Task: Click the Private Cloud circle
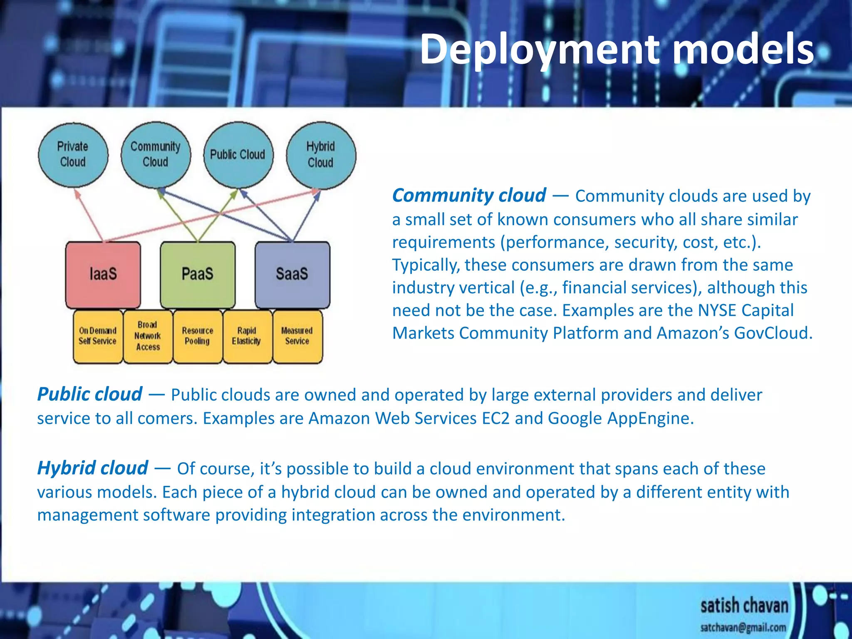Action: (x=73, y=155)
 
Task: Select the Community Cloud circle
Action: (x=156, y=155)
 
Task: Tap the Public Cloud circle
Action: (x=238, y=155)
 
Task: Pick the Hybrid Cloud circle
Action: (x=321, y=155)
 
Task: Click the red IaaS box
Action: (x=103, y=275)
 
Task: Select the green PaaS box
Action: (x=198, y=275)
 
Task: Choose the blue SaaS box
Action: (x=292, y=275)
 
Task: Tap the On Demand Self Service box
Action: (x=98, y=336)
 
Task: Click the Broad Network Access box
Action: (x=148, y=336)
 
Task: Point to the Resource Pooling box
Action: (x=198, y=336)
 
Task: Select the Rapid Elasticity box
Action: (x=247, y=336)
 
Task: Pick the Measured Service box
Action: (x=297, y=336)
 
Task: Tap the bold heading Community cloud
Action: (x=469, y=196)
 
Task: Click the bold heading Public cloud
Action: (x=89, y=394)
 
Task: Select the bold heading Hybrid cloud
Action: (x=92, y=468)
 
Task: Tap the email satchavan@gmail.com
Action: (x=743, y=627)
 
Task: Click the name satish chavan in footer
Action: (x=744, y=606)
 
